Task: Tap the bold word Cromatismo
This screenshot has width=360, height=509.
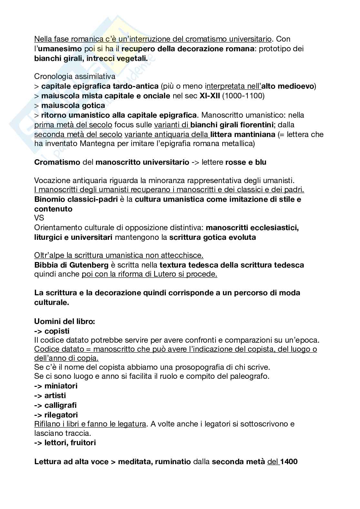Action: pos(57,162)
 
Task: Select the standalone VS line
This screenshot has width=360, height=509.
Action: pos(39,218)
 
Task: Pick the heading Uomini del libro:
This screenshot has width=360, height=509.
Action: pos(65,321)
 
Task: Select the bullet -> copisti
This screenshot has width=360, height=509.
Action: pos(52,331)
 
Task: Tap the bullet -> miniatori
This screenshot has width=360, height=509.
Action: pos(56,386)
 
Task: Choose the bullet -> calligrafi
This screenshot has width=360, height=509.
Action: pos(55,405)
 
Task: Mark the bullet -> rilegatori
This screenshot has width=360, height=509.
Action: pos(56,415)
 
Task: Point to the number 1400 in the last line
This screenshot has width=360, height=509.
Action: pos(289,462)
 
